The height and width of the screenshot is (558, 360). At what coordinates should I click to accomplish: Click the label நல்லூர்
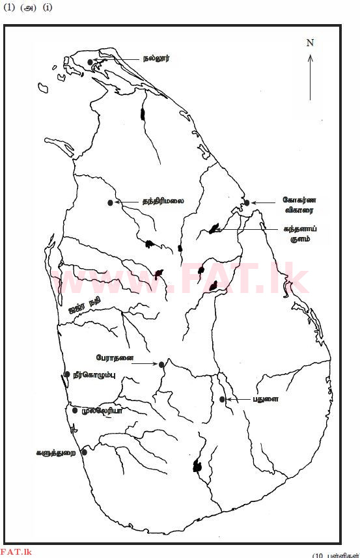tap(157, 58)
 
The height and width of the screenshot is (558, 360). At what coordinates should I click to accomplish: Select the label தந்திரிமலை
tap(163, 201)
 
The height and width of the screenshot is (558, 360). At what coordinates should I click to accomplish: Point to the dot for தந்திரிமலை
tap(110, 203)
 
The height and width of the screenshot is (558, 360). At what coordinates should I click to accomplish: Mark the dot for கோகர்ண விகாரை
tap(247, 202)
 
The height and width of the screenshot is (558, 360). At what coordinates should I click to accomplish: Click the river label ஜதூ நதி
tap(85, 305)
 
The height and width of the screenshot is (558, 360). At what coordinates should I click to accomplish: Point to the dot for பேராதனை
tap(161, 365)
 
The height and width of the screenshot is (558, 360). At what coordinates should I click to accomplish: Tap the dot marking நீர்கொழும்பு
tap(66, 374)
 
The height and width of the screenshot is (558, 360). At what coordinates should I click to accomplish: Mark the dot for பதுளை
tap(223, 399)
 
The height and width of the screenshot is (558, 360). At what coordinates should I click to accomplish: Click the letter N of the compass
tap(310, 43)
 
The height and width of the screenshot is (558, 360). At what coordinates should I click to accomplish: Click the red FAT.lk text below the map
tap(16, 553)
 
